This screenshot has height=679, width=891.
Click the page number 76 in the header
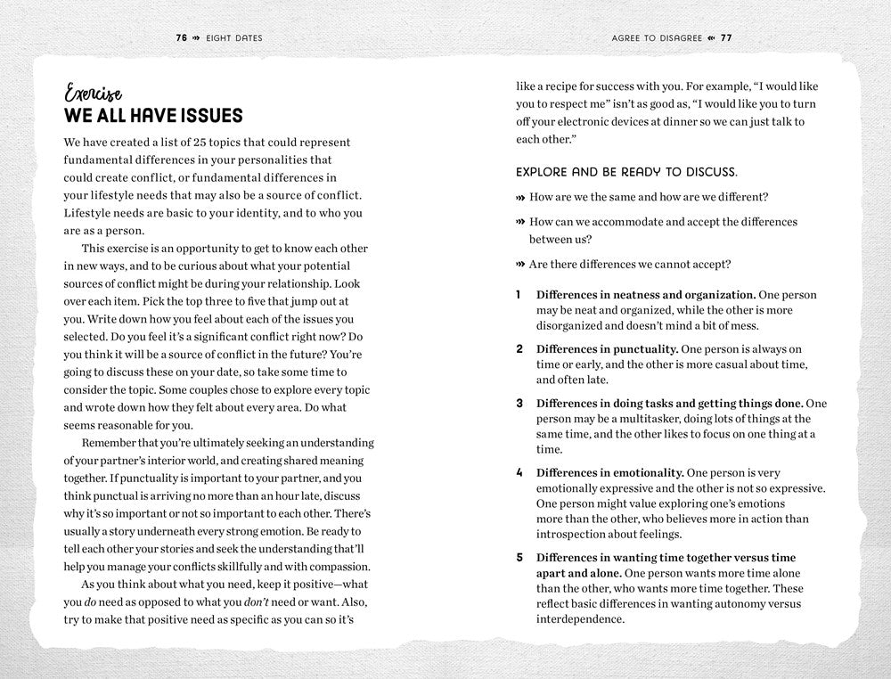[182, 38]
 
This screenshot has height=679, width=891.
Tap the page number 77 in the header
[725, 38]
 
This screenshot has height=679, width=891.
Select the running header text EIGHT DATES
[235, 38]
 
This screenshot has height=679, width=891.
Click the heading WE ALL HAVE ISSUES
[152, 117]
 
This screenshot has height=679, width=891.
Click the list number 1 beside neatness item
[519, 294]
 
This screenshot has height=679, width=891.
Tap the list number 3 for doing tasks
[519, 403]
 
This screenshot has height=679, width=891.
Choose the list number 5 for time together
[519, 558]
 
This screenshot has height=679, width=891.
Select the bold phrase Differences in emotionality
[609, 473]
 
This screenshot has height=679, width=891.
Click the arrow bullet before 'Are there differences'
[520, 264]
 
